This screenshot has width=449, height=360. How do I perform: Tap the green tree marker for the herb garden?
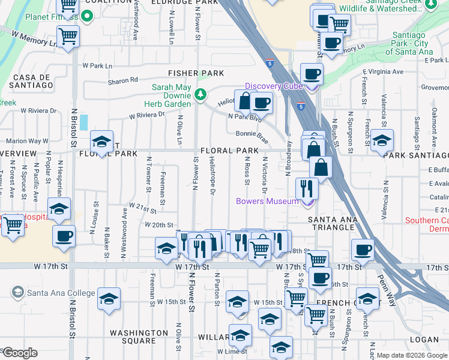point(201,94)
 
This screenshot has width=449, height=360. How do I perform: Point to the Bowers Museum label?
point(267,201)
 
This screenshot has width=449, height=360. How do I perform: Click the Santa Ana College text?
point(61,293)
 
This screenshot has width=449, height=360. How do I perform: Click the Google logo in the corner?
point(19,353)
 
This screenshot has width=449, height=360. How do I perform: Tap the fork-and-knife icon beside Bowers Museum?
point(307,188)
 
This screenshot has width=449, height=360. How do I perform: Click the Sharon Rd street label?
point(122,80)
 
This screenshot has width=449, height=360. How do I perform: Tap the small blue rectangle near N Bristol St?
point(83,122)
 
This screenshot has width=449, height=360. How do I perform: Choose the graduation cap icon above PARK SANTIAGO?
point(382,140)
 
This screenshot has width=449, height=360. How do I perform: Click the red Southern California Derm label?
point(426,224)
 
